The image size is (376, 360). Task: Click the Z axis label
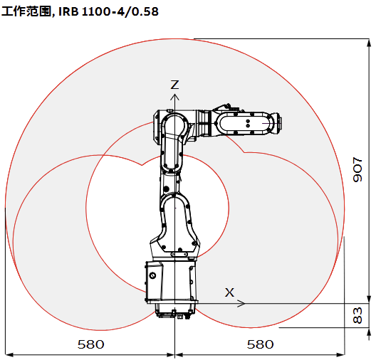click(174, 85)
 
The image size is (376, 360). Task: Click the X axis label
click(229, 292)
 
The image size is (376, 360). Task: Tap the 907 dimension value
click(357, 169)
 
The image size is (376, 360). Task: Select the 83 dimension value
click(357, 315)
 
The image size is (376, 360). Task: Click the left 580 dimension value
click(91, 344)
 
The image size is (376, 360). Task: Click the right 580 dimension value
click(261, 344)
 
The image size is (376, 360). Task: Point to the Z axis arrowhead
click(174, 97)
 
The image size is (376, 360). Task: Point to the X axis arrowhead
click(241, 303)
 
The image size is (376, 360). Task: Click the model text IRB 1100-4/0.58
click(108, 11)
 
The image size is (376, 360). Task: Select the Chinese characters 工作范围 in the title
click(26, 11)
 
